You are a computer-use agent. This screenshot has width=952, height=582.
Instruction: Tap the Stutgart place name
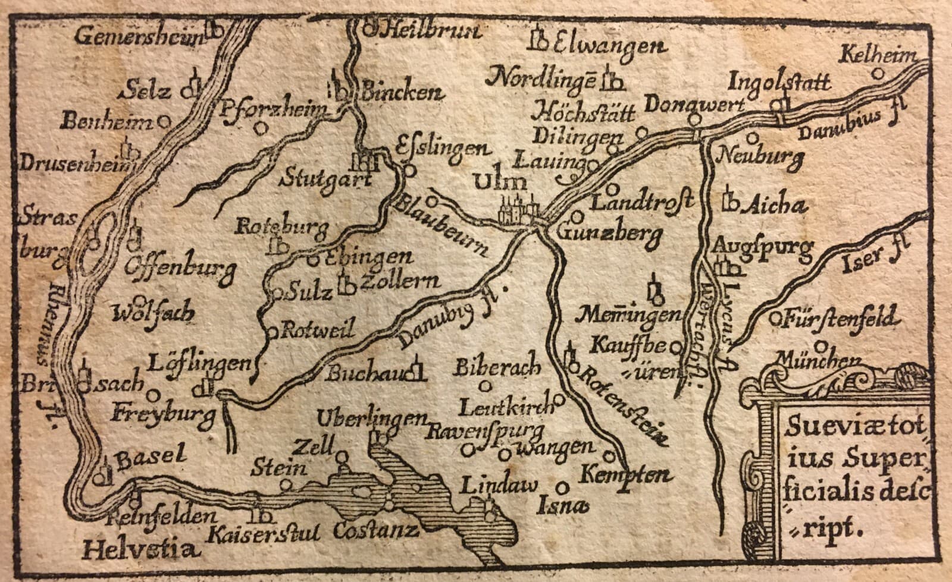pos(317,179)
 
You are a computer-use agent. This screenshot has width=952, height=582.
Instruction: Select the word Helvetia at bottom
pos(139,550)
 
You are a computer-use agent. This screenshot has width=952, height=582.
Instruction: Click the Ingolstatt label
pos(779,80)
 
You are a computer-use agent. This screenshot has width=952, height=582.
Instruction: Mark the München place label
pos(822,360)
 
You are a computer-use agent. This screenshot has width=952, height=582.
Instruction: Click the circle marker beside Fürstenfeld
pos(775,317)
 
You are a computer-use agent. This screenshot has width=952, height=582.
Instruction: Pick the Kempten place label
pos(625,475)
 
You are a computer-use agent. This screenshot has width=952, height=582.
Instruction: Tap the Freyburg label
pos(162,414)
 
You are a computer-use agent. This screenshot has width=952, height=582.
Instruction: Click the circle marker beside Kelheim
pos(876,74)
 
